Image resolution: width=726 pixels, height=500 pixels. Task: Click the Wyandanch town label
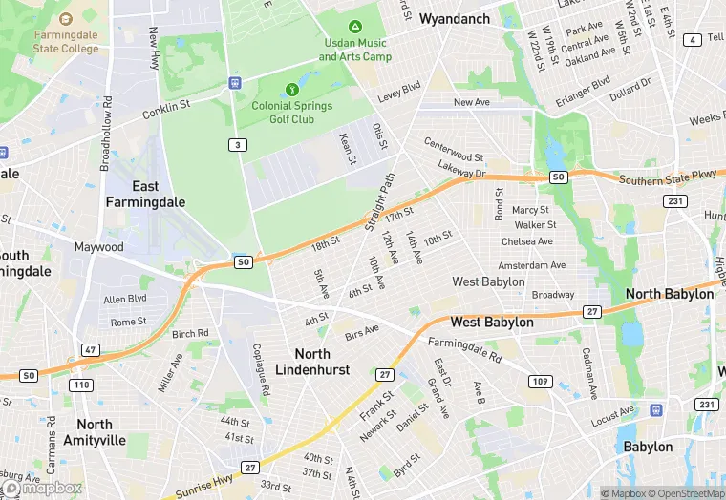click(454, 19)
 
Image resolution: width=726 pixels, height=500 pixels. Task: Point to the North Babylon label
click(670, 294)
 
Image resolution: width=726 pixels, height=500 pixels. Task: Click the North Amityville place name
click(95, 431)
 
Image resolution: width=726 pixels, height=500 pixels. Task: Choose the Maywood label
click(99, 247)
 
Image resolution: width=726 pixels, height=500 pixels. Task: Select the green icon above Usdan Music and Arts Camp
click(355, 28)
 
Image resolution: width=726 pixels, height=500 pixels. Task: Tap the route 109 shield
click(541, 381)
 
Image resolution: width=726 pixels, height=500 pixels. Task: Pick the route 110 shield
click(80, 385)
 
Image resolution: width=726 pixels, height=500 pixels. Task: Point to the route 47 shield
click(91, 350)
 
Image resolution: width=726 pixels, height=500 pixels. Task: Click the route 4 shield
click(691, 39)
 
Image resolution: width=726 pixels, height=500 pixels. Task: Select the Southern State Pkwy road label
click(667, 178)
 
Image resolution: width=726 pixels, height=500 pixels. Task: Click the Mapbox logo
click(42, 488)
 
